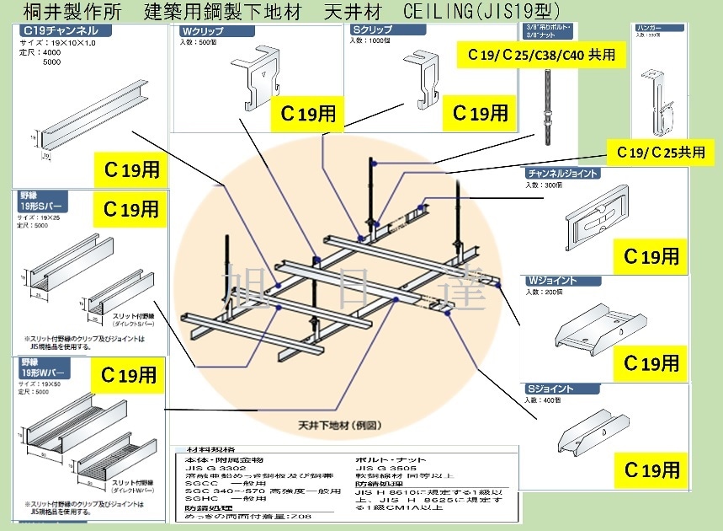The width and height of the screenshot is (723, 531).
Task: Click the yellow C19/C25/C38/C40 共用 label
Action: tap(541, 56)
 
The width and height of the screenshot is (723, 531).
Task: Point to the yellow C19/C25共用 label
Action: tap(660, 153)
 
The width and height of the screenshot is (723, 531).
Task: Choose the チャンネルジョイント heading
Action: tap(564, 174)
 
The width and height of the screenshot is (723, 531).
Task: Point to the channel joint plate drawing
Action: tap(603, 218)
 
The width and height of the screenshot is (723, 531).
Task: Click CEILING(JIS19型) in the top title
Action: tap(479, 10)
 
